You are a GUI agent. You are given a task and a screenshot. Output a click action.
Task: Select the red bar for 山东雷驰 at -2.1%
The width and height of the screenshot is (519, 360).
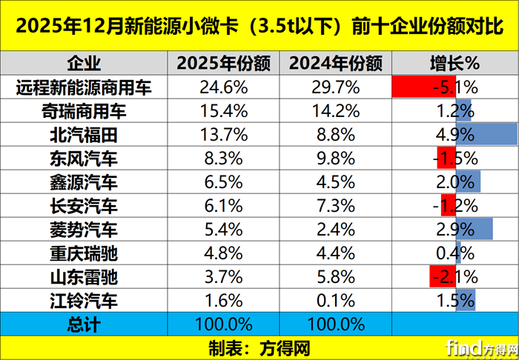tap(443, 277)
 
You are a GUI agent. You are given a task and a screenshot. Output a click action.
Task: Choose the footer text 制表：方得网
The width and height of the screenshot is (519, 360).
tap(259, 347)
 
